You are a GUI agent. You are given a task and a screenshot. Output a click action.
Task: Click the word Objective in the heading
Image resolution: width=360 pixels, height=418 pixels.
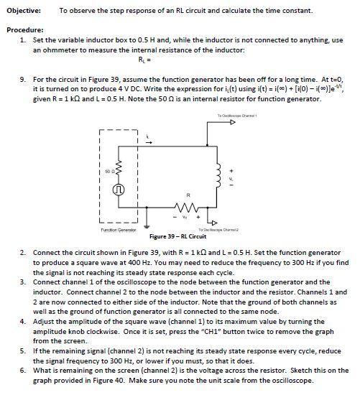(x=23, y=11)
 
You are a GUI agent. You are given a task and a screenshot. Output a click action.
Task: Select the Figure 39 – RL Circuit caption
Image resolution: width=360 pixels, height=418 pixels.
(x=177, y=236)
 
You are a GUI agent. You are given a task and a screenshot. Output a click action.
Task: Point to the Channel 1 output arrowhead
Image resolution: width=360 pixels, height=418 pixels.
(x=232, y=123)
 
